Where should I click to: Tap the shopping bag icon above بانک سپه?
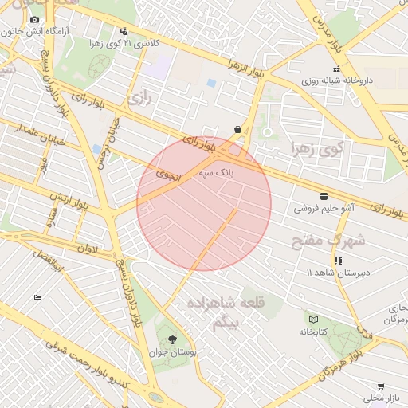tap(237, 129)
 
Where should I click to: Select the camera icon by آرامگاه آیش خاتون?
tap(34, 18)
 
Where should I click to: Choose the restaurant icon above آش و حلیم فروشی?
tap(324, 196)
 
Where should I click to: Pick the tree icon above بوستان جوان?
tap(173, 339)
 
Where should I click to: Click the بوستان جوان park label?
tap(173, 351)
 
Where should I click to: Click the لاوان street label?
tap(88, 249)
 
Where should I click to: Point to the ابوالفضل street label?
tap(47, 259)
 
